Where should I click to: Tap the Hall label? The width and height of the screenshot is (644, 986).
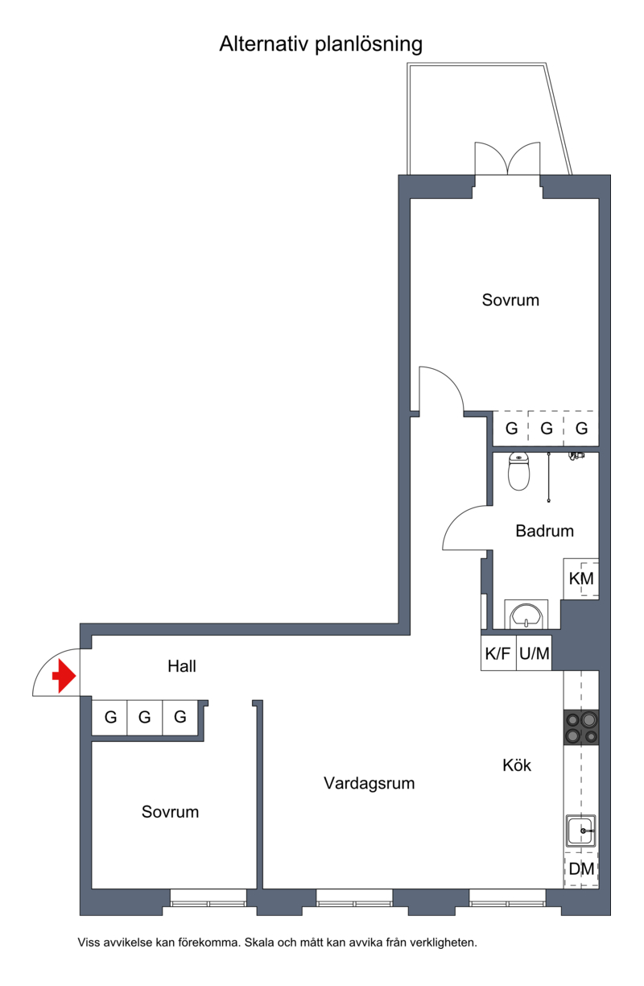coord(181,666)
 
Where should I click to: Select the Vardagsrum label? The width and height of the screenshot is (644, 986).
coord(369,783)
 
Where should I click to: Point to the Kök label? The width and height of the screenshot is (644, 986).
coord(517,765)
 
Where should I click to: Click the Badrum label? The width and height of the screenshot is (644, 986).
coord(544,531)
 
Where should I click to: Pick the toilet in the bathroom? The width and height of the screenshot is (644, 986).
coord(518,471)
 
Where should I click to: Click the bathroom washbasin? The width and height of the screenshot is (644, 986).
coord(526,614)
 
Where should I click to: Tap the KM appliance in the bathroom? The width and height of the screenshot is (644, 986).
coord(581,578)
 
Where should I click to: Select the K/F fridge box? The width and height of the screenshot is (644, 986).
coord(498,653)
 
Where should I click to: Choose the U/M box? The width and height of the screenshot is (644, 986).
coord(534,653)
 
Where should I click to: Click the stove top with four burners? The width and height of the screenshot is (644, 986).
coord(581,727)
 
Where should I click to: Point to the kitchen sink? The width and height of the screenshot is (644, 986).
coord(581,831)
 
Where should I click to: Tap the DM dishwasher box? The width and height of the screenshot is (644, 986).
coord(581,869)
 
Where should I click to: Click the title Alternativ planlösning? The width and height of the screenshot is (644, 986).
coord(321,44)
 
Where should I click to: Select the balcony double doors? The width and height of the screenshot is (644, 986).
coord(507,159)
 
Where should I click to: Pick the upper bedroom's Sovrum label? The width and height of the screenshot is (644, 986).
coord(510,300)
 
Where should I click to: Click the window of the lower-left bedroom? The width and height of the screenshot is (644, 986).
coord(208,898)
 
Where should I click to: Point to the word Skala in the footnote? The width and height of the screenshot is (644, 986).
coord(259,942)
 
